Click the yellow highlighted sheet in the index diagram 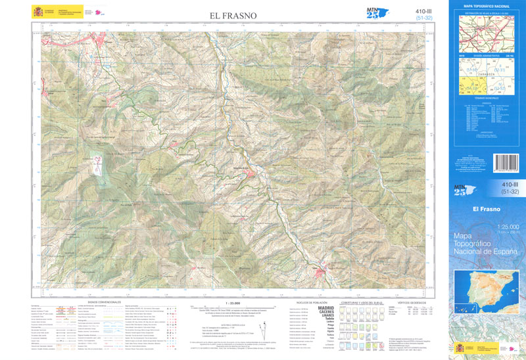click(x=473, y=88)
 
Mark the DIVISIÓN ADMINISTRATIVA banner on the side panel click(x=486, y=56)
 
